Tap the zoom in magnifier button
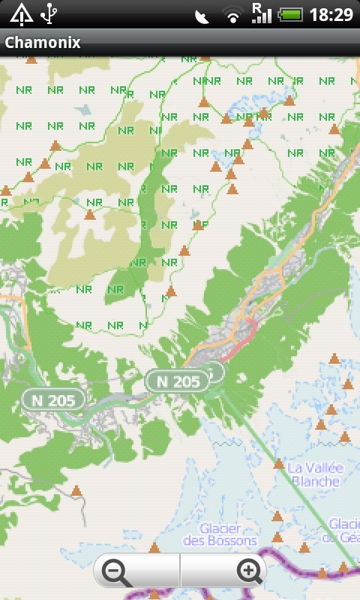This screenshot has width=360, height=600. [x=247, y=572]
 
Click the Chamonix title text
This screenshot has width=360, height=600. [x=42, y=43]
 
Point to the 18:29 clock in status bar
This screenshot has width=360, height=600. [x=331, y=14]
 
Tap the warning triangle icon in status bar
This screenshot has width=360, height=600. [x=21, y=13]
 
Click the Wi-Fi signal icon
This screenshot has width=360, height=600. [x=233, y=15]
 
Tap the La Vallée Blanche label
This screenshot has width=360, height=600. [x=315, y=475]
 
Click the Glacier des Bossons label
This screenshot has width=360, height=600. [x=220, y=534]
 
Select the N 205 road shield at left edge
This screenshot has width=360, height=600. [x=52, y=400]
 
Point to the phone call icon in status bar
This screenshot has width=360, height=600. [x=201, y=15]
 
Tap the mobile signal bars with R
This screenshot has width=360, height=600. [x=261, y=13]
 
